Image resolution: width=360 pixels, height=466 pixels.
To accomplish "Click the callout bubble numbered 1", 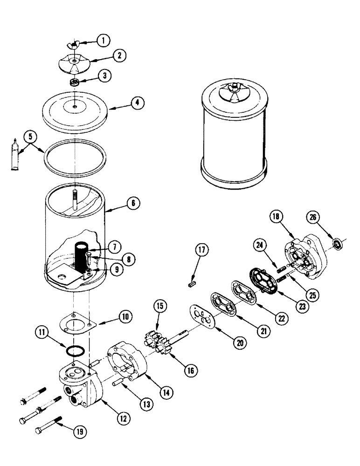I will [x=103, y=41].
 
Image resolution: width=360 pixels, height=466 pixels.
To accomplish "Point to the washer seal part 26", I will [x=338, y=243].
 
